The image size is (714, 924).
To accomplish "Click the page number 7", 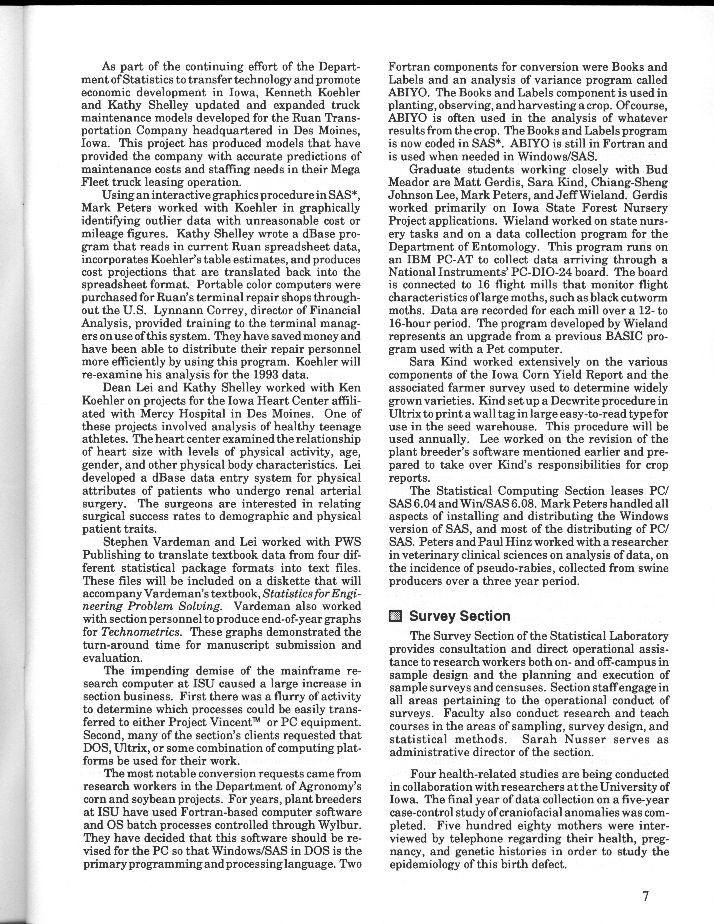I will [645, 896].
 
